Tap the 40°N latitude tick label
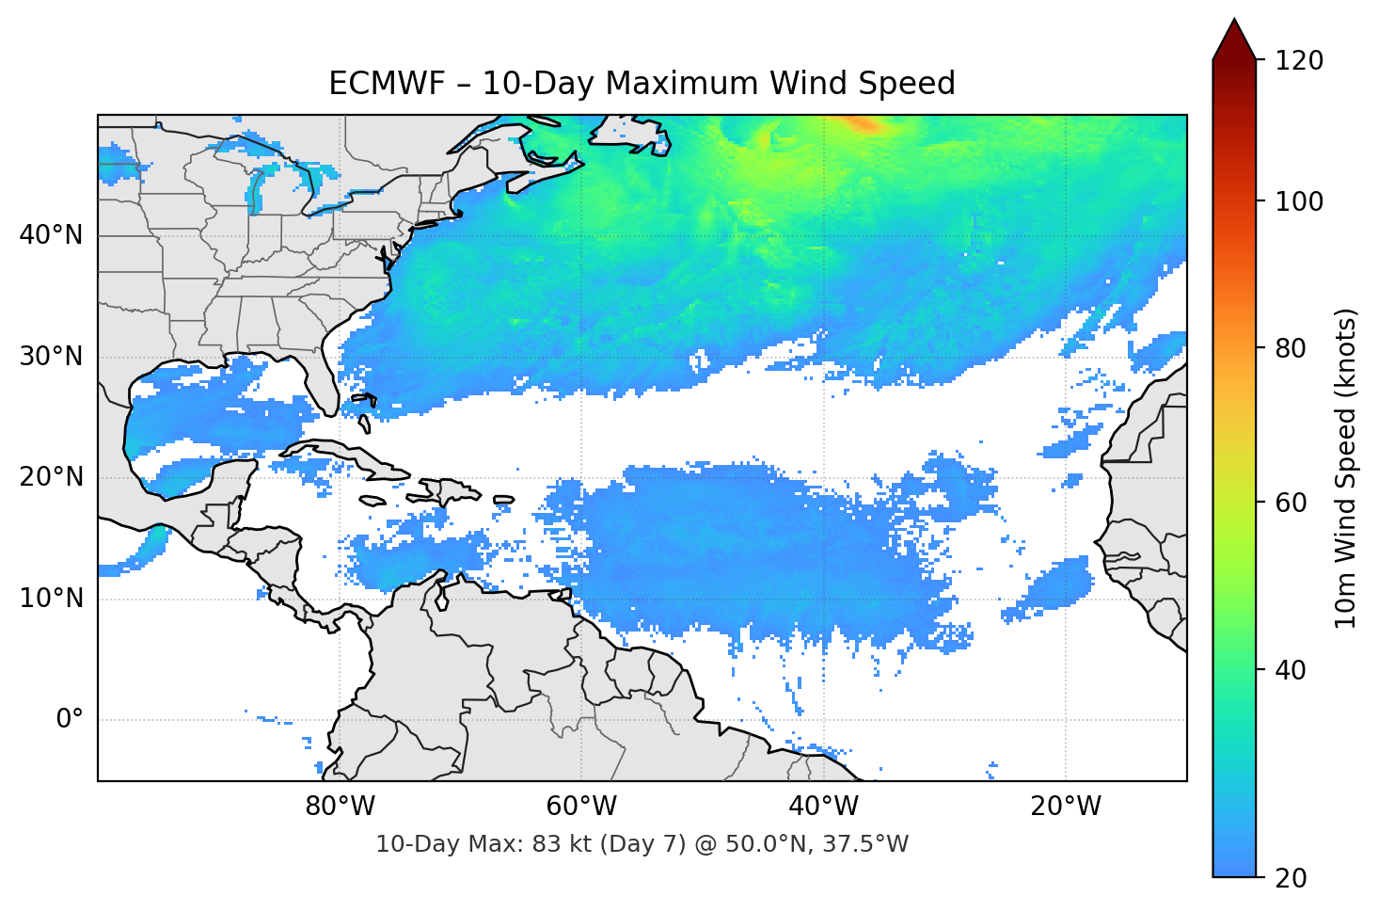tap(51, 235)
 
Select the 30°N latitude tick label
tap(51, 357)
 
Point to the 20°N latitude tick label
tap(51, 477)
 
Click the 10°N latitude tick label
tap(51, 599)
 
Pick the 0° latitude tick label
tap(70, 720)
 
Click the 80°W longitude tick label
tap(340, 807)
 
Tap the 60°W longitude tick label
tap(581, 807)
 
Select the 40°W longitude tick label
tap(823, 807)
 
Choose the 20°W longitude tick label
tap(1065, 807)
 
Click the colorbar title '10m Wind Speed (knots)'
tap(1347, 469)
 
